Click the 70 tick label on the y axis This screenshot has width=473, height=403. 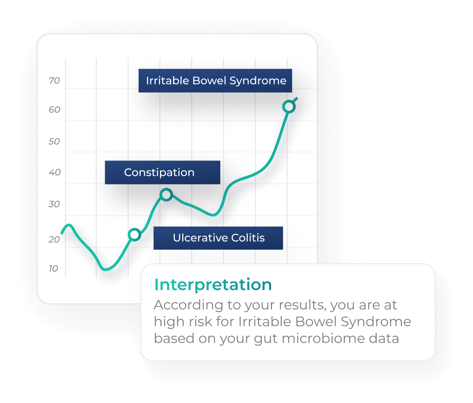coord(54,80)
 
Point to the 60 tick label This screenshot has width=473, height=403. coord(54,109)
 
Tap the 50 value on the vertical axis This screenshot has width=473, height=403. coord(54,142)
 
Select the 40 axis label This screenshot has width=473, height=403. coord(54,172)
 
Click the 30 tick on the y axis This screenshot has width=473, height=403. coord(54,204)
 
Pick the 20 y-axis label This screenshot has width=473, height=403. coord(54,240)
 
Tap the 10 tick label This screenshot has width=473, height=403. coord(53,269)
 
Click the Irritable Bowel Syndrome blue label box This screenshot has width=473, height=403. coord(215,80)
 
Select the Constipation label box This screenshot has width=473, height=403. coord(163,172)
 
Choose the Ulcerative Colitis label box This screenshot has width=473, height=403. coord(218,238)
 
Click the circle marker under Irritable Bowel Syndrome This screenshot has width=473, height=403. coord(289,106)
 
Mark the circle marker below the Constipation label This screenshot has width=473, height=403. coord(166,195)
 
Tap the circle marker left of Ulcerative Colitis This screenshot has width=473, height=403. coord(134,235)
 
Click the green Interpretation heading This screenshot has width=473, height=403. coord(213,284)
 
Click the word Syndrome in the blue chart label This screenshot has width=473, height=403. coord(258,81)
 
